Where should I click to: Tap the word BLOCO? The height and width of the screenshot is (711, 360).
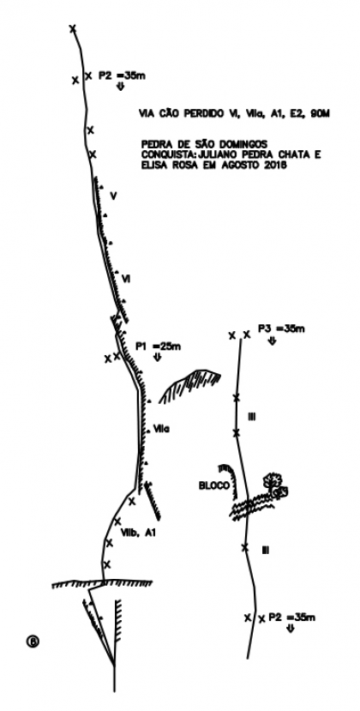tap(214, 485)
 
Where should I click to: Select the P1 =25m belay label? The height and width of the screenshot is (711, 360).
tap(159, 346)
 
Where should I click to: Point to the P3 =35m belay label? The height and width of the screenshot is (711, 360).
tap(281, 328)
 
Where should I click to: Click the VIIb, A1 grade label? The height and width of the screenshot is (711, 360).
tap(138, 533)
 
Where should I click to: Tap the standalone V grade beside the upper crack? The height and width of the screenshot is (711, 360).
tap(113, 196)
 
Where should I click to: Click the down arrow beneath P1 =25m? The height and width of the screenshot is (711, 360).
tap(158, 358)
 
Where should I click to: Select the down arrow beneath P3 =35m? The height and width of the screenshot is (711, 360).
tap(272, 341)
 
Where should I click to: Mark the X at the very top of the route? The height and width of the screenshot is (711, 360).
tap(73, 28)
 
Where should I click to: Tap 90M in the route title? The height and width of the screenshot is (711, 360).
tap(319, 115)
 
